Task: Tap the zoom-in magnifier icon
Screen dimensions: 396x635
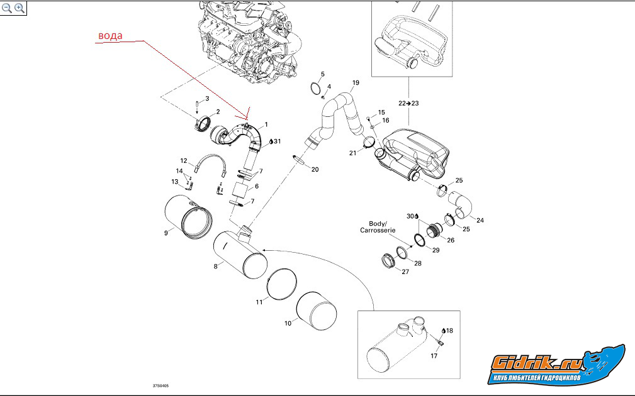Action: click(20, 8)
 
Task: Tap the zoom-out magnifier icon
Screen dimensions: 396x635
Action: click(7, 8)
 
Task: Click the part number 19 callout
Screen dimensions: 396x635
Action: click(356, 83)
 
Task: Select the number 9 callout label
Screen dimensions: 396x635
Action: click(166, 233)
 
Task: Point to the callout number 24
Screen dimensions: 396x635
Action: click(480, 220)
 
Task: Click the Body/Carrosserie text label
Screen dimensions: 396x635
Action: click(378, 227)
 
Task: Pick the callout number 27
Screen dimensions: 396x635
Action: click(405, 272)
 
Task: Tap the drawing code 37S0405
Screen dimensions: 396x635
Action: click(160, 386)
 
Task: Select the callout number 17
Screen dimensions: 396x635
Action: click(434, 356)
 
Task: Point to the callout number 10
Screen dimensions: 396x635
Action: click(288, 323)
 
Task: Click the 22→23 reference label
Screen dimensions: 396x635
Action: click(408, 102)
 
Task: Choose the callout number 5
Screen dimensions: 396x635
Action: click(323, 74)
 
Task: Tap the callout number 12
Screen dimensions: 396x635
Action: click(184, 160)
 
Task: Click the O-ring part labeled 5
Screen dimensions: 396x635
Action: click(318, 88)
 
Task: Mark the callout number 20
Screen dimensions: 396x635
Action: click(315, 170)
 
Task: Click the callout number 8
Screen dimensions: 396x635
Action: click(215, 267)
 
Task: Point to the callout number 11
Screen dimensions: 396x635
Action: click(259, 302)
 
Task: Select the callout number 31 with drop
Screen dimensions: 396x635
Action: click(275, 141)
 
